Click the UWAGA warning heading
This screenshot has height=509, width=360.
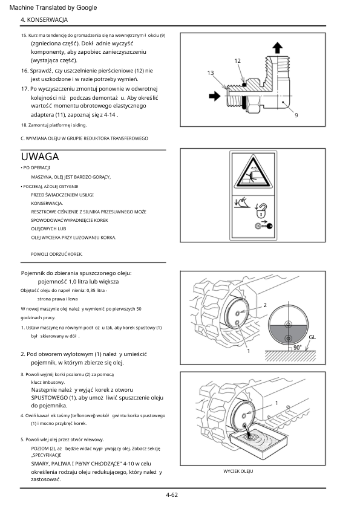pyautogui.click(x=40, y=157)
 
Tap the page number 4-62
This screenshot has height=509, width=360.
pyautogui.click(x=172, y=495)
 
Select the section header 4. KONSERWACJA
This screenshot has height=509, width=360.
pyautogui.click(x=44, y=20)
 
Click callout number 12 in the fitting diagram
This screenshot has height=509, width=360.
pyautogui.click(x=238, y=60)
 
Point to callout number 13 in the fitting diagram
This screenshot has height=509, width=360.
pyautogui.click(x=211, y=73)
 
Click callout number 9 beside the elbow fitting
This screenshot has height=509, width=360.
pyautogui.click(x=296, y=115)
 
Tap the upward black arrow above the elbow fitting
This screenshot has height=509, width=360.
pyautogui.click(x=277, y=47)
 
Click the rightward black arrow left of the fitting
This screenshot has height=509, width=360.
pyautogui.click(x=214, y=96)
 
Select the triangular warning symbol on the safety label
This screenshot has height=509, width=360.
pyautogui.click(x=253, y=172)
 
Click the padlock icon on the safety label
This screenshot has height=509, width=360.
pyautogui.click(x=261, y=212)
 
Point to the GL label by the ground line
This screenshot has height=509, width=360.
pyautogui.click(x=312, y=337)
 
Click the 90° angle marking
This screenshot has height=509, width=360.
pyautogui.click(x=297, y=348)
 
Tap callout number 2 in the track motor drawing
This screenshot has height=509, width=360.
pyautogui.click(x=265, y=305)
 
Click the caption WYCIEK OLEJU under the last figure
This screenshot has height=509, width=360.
pyautogui.click(x=238, y=471)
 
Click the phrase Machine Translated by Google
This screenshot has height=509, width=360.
pyautogui.click(x=53, y=7)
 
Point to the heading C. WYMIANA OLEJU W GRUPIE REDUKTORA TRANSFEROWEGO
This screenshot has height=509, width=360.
pyautogui.click(x=85, y=138)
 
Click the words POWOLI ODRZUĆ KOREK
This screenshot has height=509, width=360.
pyautogui.click(x=56, y=254)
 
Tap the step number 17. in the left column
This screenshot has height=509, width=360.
pyautogui.click(x=25, y=89)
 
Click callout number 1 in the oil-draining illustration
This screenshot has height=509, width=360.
pyautogui.click(x=277, y=403)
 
